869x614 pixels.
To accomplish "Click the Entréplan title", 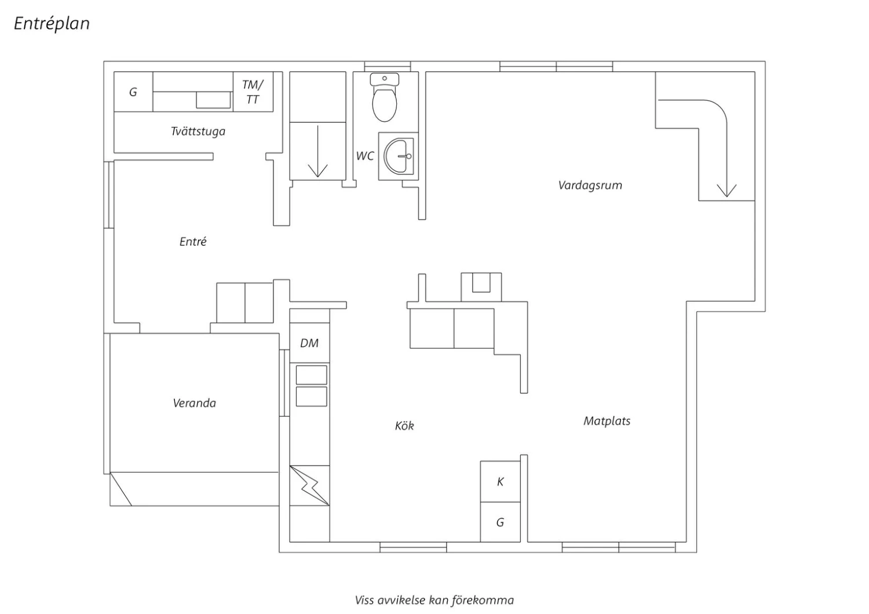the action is (52, 23).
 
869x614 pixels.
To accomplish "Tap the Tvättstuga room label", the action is (198, 131).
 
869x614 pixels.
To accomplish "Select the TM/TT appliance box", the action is (253, 92).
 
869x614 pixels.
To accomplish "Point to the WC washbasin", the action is (399, 156).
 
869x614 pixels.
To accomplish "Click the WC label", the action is (364, 156).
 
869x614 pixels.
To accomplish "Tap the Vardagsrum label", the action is (590, 185).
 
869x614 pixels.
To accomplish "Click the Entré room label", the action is (193, 242).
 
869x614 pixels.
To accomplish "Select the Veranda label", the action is (194, 403).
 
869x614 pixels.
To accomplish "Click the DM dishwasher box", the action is (309, 343).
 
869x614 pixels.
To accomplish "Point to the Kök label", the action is (404, 426).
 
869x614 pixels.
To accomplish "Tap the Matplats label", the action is (607, 421).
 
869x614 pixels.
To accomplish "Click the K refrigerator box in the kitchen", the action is (501, 482).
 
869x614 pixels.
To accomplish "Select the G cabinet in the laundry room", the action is (133, 92).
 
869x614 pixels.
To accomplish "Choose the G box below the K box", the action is (501, 522).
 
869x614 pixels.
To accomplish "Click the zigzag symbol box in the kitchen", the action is (309, 485).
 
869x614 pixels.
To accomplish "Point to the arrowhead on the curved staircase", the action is (726, 191).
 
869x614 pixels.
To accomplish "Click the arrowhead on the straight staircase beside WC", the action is (317, 171).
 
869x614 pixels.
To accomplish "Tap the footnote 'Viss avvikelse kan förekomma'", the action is (434, 601).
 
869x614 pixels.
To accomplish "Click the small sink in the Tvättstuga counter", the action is (213, 100).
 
